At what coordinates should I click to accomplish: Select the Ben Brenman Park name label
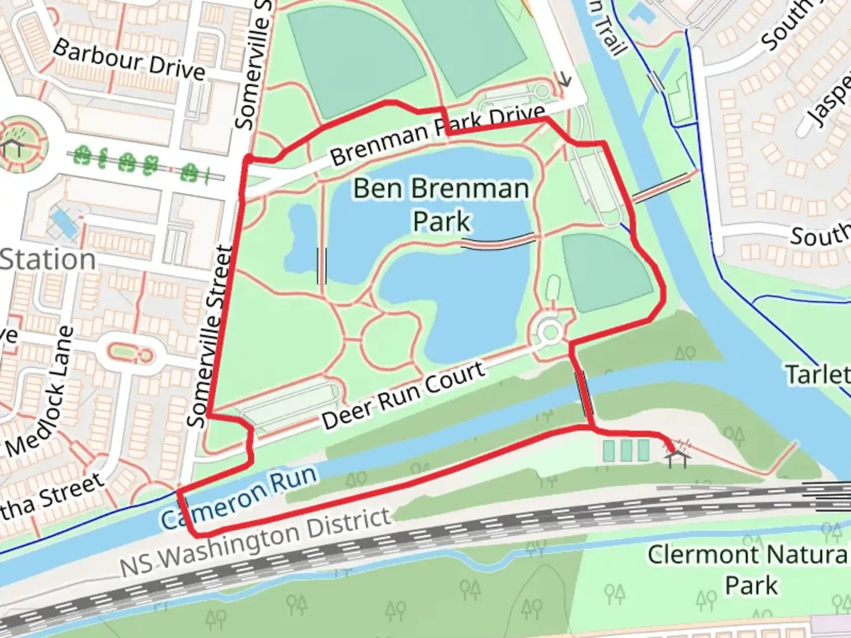tap(441, 204)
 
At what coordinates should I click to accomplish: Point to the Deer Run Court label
tap(404, 395)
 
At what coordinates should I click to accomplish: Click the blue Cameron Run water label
tap(239, 497)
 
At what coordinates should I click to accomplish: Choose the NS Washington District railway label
tap(255, 542)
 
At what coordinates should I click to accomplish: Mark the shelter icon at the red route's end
tap(677, 457)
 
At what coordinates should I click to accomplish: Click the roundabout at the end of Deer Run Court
tap(550, 333)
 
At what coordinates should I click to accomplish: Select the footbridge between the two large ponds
tap(498, 240)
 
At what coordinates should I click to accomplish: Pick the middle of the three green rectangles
tap(626, 451)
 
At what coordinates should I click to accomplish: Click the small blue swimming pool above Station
tap(66, 224)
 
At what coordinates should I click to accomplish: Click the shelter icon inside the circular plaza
tap(12, 147)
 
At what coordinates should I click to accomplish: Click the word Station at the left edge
tap(47, 260)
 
